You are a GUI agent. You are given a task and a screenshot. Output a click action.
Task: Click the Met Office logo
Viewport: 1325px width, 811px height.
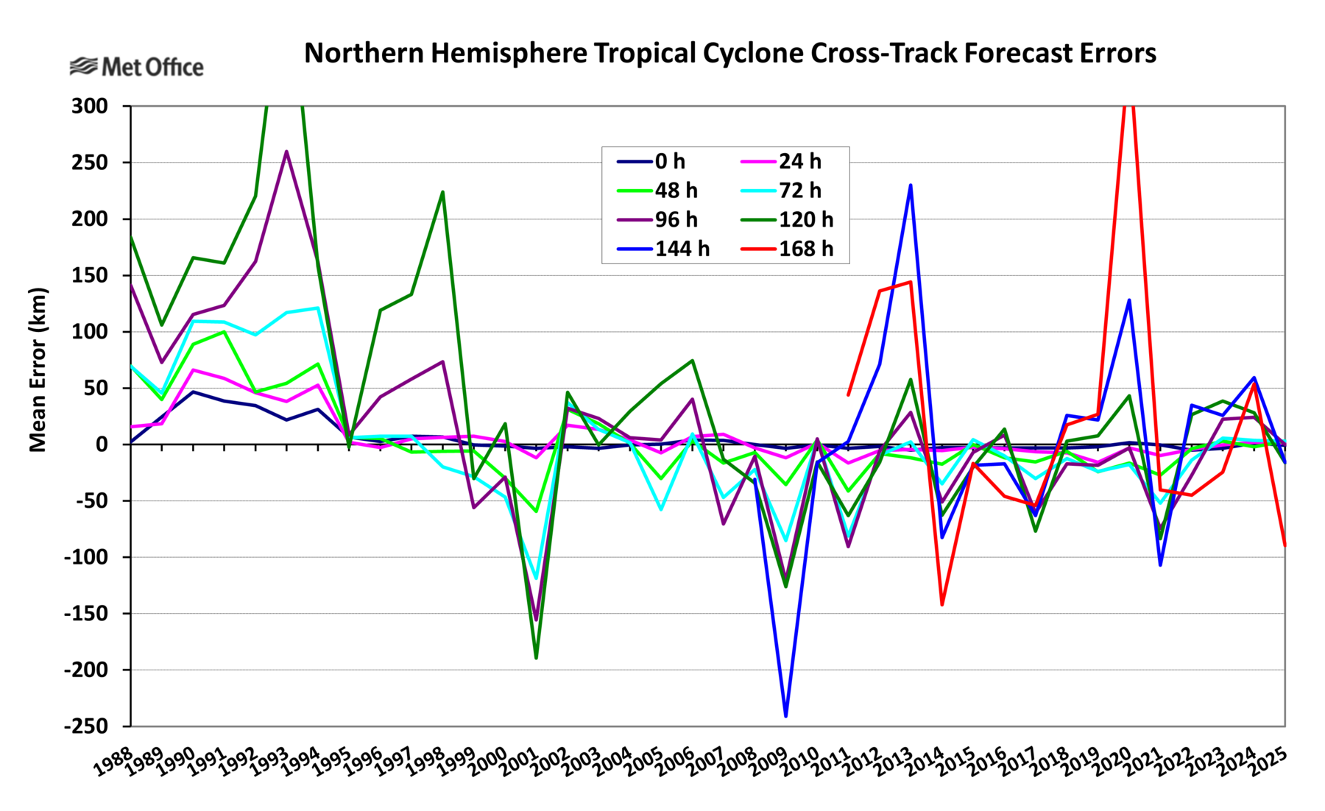coord(136,67)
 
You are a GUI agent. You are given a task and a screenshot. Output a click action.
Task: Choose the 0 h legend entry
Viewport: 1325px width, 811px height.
coord(651,161)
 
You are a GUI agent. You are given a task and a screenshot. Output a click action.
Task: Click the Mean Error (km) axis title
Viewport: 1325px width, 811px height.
coord(38,369)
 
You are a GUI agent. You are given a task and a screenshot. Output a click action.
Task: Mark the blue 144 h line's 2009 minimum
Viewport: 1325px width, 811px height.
coord(786,716)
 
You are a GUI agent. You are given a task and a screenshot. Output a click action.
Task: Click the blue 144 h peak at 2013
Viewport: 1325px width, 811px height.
coord(911,185)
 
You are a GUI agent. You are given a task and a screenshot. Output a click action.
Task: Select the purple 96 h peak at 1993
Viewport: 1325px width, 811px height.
coord(286,152)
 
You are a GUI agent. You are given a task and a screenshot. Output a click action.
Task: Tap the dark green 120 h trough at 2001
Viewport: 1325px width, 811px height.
coord(536,657)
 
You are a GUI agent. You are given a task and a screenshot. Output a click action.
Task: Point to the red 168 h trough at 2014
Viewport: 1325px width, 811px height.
coord(941,604)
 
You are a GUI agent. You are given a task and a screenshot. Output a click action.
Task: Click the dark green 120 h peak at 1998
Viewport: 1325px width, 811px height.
coord(442,192)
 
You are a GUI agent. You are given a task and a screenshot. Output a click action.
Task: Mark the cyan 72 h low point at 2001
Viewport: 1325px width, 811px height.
coord(536,580)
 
